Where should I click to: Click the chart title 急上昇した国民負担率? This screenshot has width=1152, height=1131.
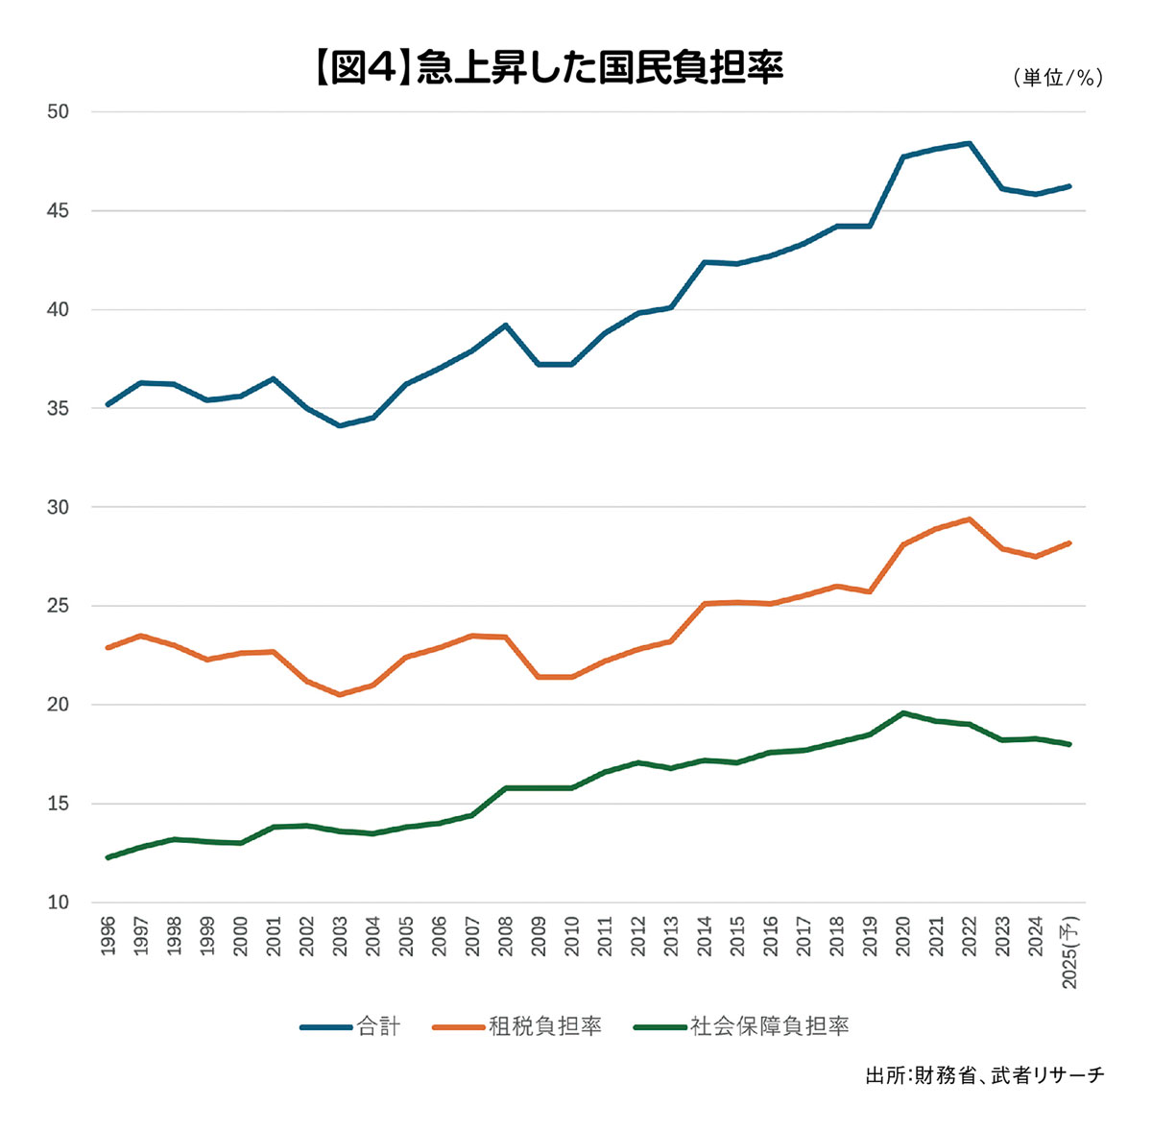547,70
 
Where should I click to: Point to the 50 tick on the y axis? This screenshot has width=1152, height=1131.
59,111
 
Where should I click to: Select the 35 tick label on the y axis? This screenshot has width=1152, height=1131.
59,408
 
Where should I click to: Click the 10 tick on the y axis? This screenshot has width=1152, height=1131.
59,902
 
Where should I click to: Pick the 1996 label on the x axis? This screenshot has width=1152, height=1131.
108,936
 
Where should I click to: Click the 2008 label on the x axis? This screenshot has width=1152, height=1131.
505,936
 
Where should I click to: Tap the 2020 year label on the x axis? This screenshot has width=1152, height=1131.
903,936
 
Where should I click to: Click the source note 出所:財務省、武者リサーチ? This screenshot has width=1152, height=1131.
984,1075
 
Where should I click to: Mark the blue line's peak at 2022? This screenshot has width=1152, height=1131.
970,143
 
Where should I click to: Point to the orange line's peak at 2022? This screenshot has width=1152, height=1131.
970,519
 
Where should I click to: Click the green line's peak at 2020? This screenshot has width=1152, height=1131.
903,713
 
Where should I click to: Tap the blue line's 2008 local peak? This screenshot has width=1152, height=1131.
505,325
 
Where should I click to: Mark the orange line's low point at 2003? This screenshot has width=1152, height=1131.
340,694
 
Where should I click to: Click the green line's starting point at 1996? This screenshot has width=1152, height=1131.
108,857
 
